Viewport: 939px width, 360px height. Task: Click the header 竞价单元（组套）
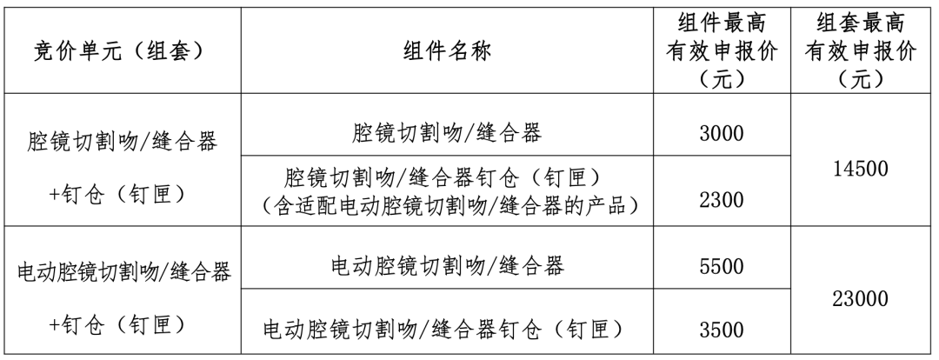(x=120, y=51)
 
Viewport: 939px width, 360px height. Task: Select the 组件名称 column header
(x=447, y=51)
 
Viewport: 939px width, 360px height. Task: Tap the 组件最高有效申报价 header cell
(x=722, y=51)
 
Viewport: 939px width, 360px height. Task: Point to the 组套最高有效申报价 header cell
(x=861, y=51)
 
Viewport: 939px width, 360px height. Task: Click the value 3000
(x=722, y=133)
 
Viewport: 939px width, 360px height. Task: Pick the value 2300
(x=722, y=199)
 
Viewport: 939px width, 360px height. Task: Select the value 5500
(x=722, y=266)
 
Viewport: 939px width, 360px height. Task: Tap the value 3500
(x=722, y=330)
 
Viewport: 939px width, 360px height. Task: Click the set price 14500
(x=861, y=169)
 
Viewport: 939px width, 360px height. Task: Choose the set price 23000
(x=861, y=299)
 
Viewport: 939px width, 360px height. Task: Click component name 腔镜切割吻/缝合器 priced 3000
(x=447, y=133)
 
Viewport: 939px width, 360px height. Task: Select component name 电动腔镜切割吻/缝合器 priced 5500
(x=447, y=266)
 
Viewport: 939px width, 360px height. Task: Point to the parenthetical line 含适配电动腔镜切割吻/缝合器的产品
(x=447, y=205)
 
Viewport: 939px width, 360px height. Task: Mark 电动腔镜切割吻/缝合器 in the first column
(x=124, y=272)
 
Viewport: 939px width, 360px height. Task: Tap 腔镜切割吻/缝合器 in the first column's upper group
(x=123, y=142)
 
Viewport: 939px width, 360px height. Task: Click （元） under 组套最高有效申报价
(x=861, y=79)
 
